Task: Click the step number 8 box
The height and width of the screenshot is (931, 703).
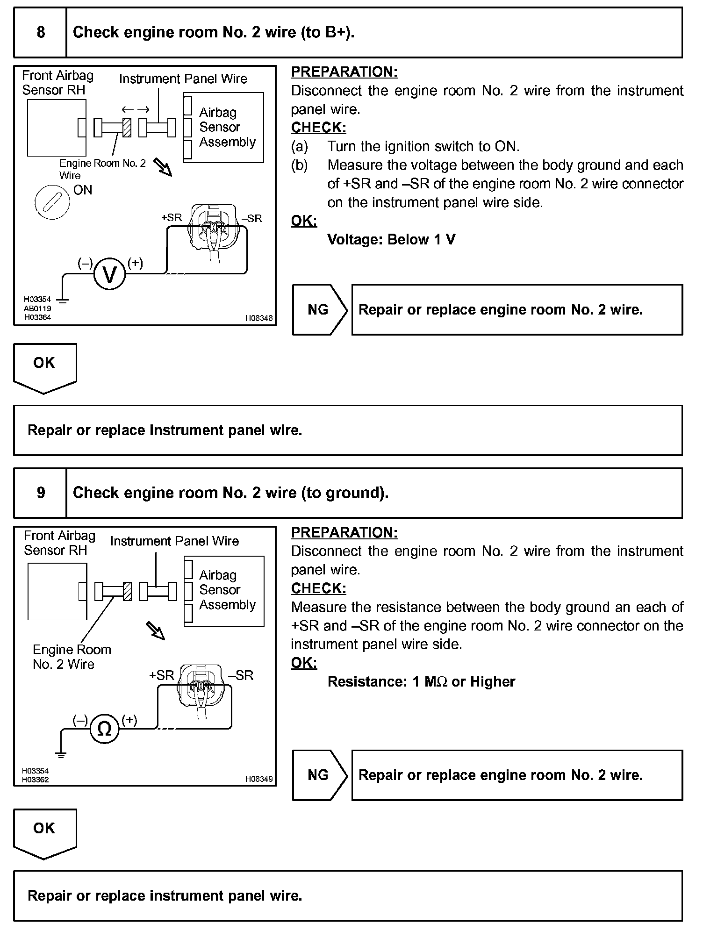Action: point(41,32)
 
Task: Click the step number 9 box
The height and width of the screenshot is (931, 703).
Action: point(41,493)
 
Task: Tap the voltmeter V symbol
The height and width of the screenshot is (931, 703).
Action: point(110,274)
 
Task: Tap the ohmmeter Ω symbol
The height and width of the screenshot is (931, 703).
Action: point(104,729)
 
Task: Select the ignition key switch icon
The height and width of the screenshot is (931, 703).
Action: point(52,202)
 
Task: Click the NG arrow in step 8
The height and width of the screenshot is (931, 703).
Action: point(320,309)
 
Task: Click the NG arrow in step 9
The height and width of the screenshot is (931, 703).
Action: point(320,775)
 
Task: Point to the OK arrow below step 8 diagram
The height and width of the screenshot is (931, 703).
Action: point(44,366)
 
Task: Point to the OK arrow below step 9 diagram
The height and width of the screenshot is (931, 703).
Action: point(44,832)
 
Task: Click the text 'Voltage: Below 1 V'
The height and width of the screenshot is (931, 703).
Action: point(391,239)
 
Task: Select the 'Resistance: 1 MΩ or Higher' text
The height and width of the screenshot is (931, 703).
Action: point(421,681)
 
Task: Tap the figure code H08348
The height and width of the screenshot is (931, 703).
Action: point(259,318)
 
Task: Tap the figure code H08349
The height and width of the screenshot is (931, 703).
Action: point(259,779)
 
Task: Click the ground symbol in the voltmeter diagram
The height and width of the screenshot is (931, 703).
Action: point(62,301)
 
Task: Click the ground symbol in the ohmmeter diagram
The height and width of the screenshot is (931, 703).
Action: point(61,754)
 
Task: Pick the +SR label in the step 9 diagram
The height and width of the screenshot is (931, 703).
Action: point(161,675)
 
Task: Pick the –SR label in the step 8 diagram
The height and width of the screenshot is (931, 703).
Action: point(252,218)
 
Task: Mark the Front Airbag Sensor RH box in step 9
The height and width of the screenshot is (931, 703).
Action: point(57,591)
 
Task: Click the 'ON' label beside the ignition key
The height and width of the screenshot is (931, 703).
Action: point(83,190)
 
